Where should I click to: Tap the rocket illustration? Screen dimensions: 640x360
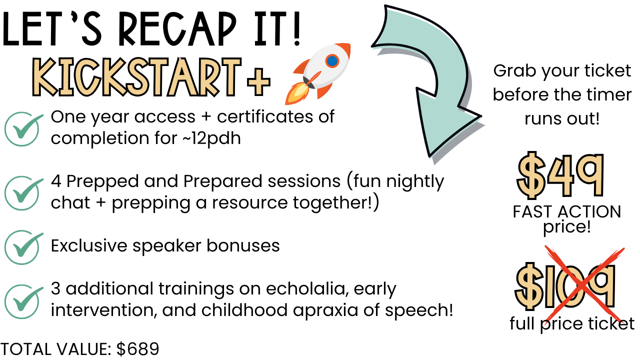(x=317, y=73)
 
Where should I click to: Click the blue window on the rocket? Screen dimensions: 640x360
(x=332, y=61)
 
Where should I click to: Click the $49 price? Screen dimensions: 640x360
(x=560, y=175)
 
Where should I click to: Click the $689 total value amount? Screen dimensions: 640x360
(x=137, y=349)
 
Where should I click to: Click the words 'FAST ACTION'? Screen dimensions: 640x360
(x=567, y=211)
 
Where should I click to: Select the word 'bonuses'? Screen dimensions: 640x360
(x=243, y=245)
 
